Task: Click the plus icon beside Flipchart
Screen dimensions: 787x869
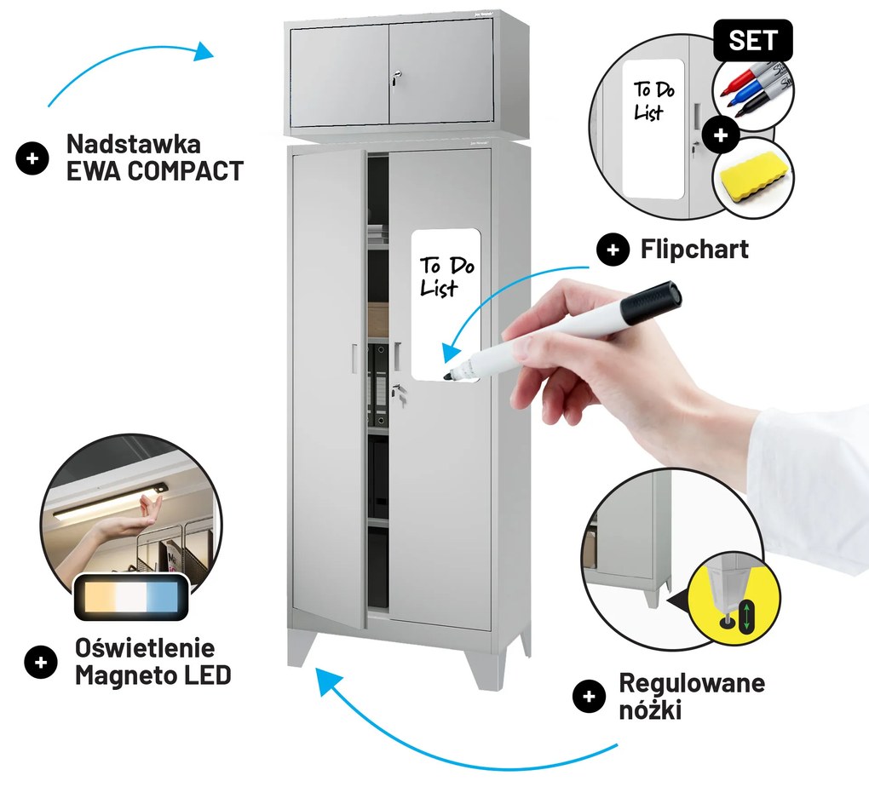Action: point(612,250)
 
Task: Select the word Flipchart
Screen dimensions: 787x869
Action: point(694,249)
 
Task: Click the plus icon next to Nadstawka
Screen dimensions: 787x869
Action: point(32,158)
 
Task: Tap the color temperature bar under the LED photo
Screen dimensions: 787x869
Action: point(131,595)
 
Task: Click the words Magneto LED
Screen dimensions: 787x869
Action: point(153,676)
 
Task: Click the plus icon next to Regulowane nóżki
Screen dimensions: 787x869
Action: point(588,696)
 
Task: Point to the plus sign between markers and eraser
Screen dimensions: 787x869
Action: point(722,135)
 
